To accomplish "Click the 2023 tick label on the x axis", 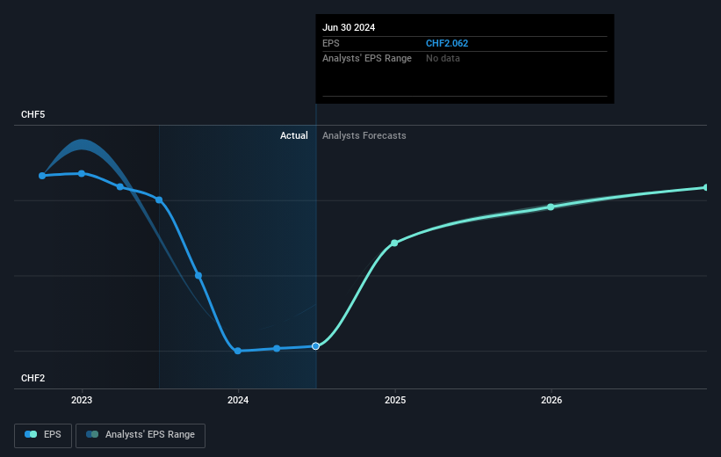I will (x=82, y=401).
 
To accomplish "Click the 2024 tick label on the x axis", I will (x=238, y=401).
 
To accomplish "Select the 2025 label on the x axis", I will (x=395, y=401).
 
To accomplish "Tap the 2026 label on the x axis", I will (x=552, y=401).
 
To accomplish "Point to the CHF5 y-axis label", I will (x=33, y=115).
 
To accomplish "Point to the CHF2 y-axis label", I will (x=33, y=378).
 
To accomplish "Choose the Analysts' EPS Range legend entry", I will (x=141, y=434).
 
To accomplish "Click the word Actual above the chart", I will (x=293, y=135).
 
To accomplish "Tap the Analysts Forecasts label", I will (x=364, y=135).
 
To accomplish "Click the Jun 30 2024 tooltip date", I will (x=349, y=27).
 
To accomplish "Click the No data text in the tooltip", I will (x=443, y=59).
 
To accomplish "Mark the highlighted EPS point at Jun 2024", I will (x=316, y=346).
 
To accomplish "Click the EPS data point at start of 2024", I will (x=238, y=351).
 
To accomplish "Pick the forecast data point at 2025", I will (x=394, y=243).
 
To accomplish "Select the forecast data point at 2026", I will (x=551, y=207).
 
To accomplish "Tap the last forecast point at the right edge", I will (x=706, y=187).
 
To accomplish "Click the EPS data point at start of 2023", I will (x=82, y=173).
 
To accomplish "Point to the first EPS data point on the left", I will (x=42, y=176).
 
